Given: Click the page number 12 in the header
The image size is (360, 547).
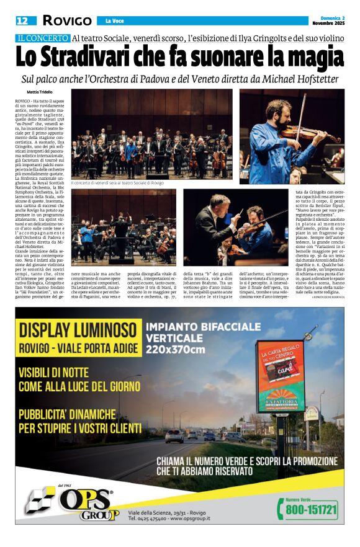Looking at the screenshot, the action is tap(22, 20).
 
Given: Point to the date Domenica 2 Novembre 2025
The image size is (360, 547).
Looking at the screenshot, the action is tap(327, 20).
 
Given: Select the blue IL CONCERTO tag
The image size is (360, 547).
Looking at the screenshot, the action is tap(43, 38).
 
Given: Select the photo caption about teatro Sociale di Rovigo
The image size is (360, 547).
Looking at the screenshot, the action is tap(117, 184).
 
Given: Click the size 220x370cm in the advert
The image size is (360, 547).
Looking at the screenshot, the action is tap(175, 349).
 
